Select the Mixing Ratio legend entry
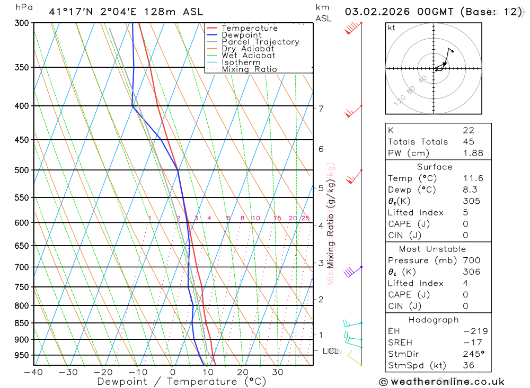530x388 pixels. tap(249, 69)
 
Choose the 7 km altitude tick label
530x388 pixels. tap(321, 109)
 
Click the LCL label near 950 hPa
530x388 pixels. tap(331, 350)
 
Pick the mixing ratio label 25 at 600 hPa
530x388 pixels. tap(305, 218)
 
